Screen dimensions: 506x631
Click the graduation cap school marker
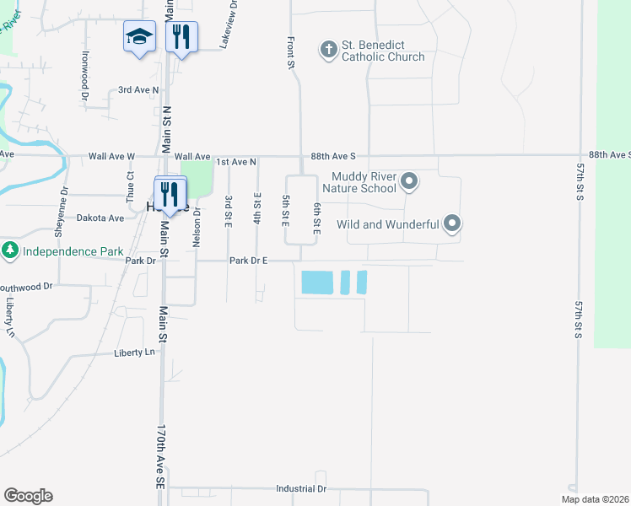pos(139,36)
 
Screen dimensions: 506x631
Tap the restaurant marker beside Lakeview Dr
pos(181,36)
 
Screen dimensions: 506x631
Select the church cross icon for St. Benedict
pos(329,50)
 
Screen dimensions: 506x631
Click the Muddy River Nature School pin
pos(410,181)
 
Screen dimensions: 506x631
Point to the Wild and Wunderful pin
pos(452,223)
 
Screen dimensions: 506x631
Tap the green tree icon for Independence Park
pos(10,250)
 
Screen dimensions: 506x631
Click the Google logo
pos(28,496)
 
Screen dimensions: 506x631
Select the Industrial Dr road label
pos(301,489)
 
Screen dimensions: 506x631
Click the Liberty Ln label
pos(136,353)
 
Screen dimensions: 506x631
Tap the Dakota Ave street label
pos(100,218)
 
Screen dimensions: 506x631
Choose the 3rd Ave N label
pos(138,89)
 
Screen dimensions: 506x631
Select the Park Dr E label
pos(248,261)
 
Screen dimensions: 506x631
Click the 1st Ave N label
pos(236,160)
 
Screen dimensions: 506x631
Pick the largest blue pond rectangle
pos(317,283)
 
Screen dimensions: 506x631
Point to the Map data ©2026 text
pos(594,499)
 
